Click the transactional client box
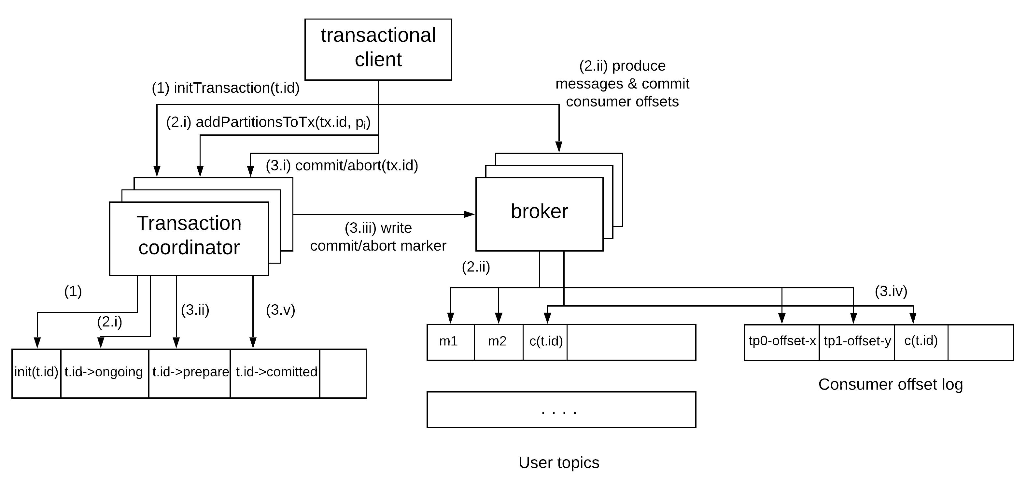[378, 49]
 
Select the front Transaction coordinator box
[189, 238]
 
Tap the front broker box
[539, 214]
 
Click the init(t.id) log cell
[36, 373]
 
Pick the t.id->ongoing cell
[105, 373]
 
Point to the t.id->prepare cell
[190, 373]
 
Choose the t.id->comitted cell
[275, 373]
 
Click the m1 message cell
[451, 342]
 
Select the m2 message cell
[498, 342]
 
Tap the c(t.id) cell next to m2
[545, 342]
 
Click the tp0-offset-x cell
[782, 342]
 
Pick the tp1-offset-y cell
[857, 342]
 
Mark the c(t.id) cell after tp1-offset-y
[921, 342]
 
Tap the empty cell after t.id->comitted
[343, 373]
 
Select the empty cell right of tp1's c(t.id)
[980, 342]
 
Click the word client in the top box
[378, 60]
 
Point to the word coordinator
[189, 248]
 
